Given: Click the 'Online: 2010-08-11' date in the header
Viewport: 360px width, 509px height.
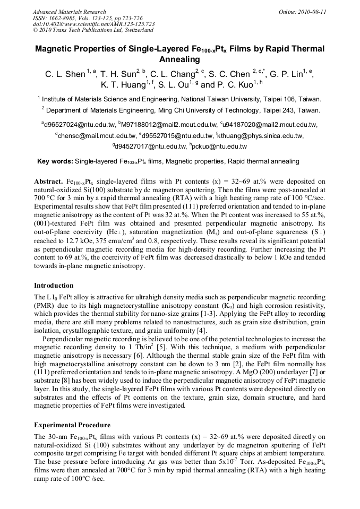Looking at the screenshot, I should click(x=305, y=11).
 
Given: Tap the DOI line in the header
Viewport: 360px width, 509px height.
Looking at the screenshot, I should click(x=94, y=24).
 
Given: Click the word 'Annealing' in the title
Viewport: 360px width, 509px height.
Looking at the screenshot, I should click(x=179, y=59).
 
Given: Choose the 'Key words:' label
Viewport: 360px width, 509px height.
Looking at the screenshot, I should click(x=55, y=161).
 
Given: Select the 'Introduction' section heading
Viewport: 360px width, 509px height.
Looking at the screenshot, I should click(x=54, y=285).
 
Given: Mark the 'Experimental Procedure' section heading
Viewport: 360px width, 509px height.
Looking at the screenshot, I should click(x=72, y=425).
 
